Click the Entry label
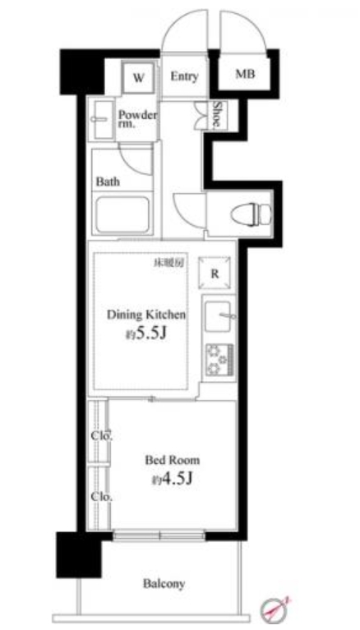pyautogui.click(x=185, y=77)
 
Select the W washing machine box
pyautogui.click(x=139, y=79)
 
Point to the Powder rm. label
pyautogui.click(x=136, y=119)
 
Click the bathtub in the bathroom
pyautogui.click(x=122, y=216)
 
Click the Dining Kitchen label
pyautogui.click(x=145, y=315)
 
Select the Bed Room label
pyautogui.click(x=172, y=460)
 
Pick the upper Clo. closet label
pyautogui.click(x=101, y=435)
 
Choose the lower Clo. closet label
pyautogui.click(x=101, y=497)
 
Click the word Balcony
pyautogui.click(x=164, y=584)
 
